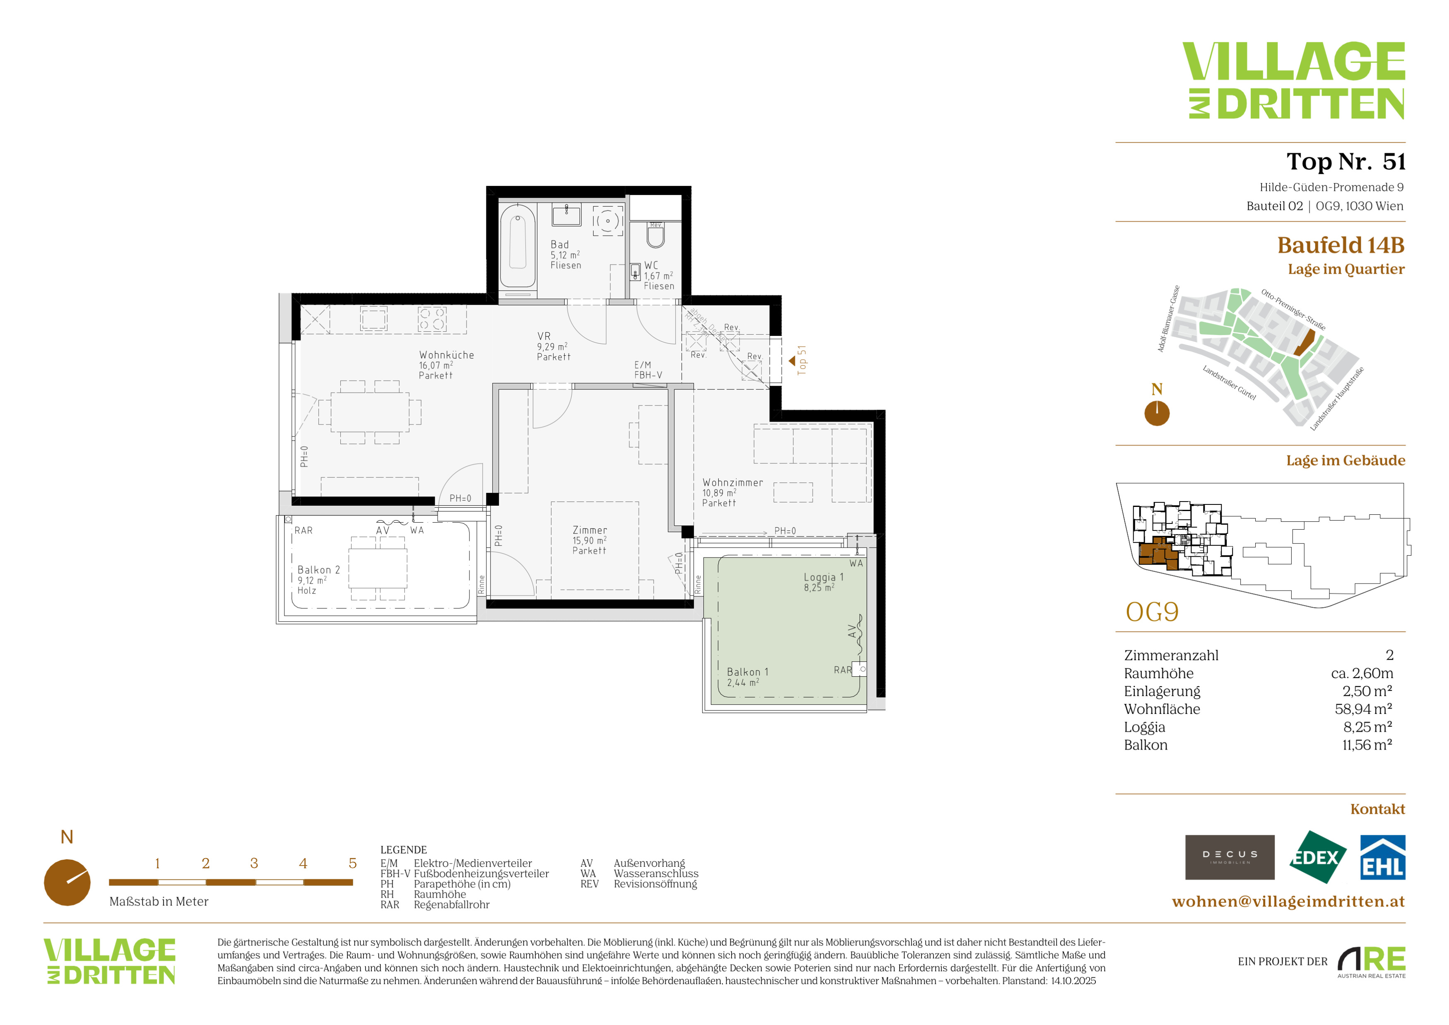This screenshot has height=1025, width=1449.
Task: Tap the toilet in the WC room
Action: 656,235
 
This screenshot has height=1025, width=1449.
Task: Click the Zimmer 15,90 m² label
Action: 590,540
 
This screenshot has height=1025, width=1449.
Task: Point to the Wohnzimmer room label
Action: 732,492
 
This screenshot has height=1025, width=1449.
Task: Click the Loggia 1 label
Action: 823,582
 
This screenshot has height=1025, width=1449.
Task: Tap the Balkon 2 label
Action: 318,579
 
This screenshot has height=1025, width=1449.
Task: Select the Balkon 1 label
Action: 747,677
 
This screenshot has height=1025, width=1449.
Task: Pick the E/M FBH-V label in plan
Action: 648,370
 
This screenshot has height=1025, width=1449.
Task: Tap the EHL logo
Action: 1382,857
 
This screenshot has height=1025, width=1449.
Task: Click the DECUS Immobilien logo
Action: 1230,857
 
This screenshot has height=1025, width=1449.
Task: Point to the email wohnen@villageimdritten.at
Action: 1288,901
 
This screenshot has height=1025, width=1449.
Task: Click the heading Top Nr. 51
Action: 1345,162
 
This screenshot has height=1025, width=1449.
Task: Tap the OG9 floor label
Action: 1152,612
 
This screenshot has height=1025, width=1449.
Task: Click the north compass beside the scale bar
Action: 67,882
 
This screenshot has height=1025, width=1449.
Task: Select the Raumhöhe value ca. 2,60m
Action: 1362,673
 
